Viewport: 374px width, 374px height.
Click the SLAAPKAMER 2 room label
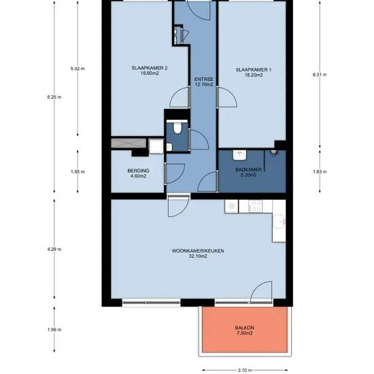[x=150, y=68]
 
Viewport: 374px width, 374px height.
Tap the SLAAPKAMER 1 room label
[x=254, y=69]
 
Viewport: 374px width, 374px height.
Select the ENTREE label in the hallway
[x=203, y=79]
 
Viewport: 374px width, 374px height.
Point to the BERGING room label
[x=138, y=171]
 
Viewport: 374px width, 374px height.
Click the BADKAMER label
[x=248, y=169]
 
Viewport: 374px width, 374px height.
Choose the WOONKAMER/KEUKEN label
[x=198, y=251]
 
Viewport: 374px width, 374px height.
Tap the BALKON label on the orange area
[x=245, y=328]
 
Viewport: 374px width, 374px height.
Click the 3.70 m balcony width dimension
[x=245, y=370]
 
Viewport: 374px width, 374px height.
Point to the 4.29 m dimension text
[x=54, y=250]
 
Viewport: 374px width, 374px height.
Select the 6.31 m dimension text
[x=320, y=74]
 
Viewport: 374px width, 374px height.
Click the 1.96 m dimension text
[x=54, y=330]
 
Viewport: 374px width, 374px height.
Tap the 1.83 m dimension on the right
[x=320, y=172]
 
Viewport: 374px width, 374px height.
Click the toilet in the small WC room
[x=177, y=128]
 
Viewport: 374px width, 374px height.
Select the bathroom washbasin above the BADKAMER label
[x=240, y=155]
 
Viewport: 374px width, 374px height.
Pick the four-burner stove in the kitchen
[x=255, y=206]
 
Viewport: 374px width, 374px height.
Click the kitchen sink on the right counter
[x=279, y=222]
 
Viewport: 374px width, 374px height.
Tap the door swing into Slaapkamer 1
[x=227, y=97]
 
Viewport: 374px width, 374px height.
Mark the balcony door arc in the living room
[x=261, y=292]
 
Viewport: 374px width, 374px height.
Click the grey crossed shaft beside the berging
[x=129, y=143]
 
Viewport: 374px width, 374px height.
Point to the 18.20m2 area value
[x=254, y=75]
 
